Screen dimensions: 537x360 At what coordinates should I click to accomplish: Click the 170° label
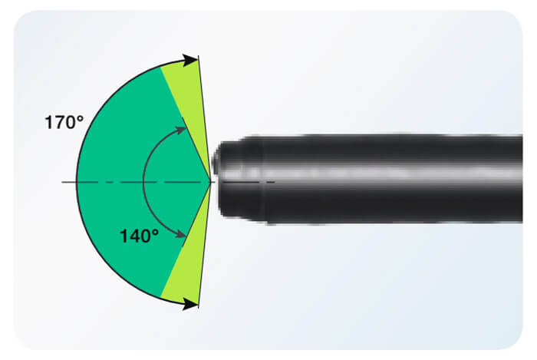tap(64, 122)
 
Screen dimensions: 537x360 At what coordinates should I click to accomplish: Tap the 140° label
tap(140, 236)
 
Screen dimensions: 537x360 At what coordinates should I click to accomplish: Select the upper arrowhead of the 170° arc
tap(191, 60)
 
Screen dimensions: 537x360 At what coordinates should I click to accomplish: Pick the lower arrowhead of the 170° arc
tap(191, 304)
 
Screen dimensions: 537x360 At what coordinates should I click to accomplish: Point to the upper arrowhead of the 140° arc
tap(180, 130)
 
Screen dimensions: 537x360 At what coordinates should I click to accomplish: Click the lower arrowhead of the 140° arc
tap(180, 234)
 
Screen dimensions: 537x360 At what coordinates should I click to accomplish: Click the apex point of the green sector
tap(210, 182)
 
